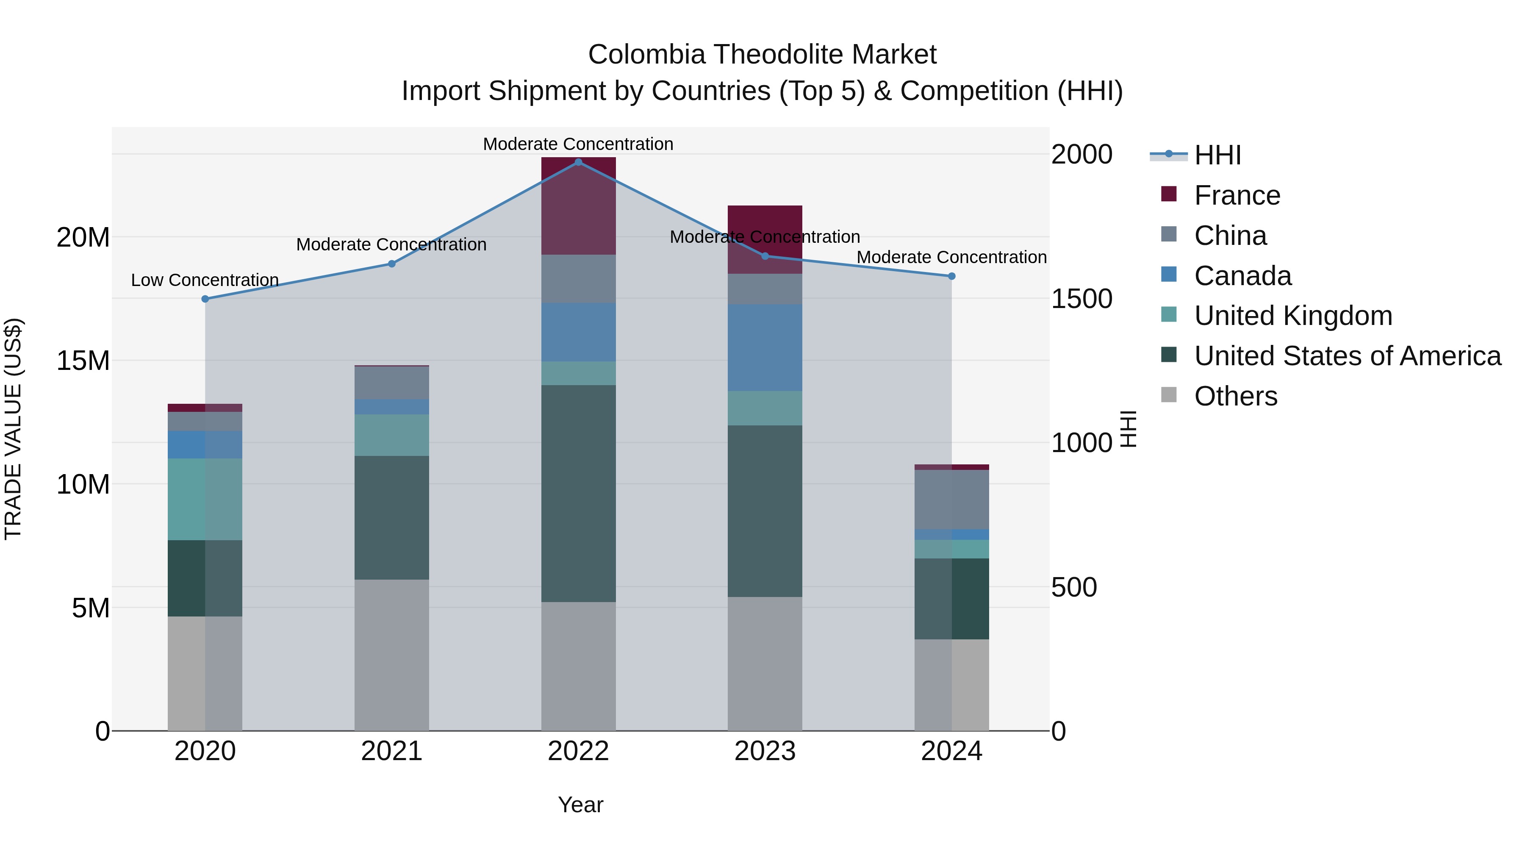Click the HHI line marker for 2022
(x=578, y=162)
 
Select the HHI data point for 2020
(x=205, y=299)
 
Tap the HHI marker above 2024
(x=951, y=276)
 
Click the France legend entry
(x=1237, y=195)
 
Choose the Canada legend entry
(x=1242, y=276)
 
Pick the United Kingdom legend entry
(x=1293, y=316)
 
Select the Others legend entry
(x=1236, y=396)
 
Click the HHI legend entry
(x=1217, y=155)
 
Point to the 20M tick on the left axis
(x=83, y=237)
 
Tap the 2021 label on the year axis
(x=391, y=751)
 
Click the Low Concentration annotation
(x=205, y=280)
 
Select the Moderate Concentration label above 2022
(x=578, y=144)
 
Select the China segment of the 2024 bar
(x=951, y=499)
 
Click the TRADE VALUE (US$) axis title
(x=13, y=429)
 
